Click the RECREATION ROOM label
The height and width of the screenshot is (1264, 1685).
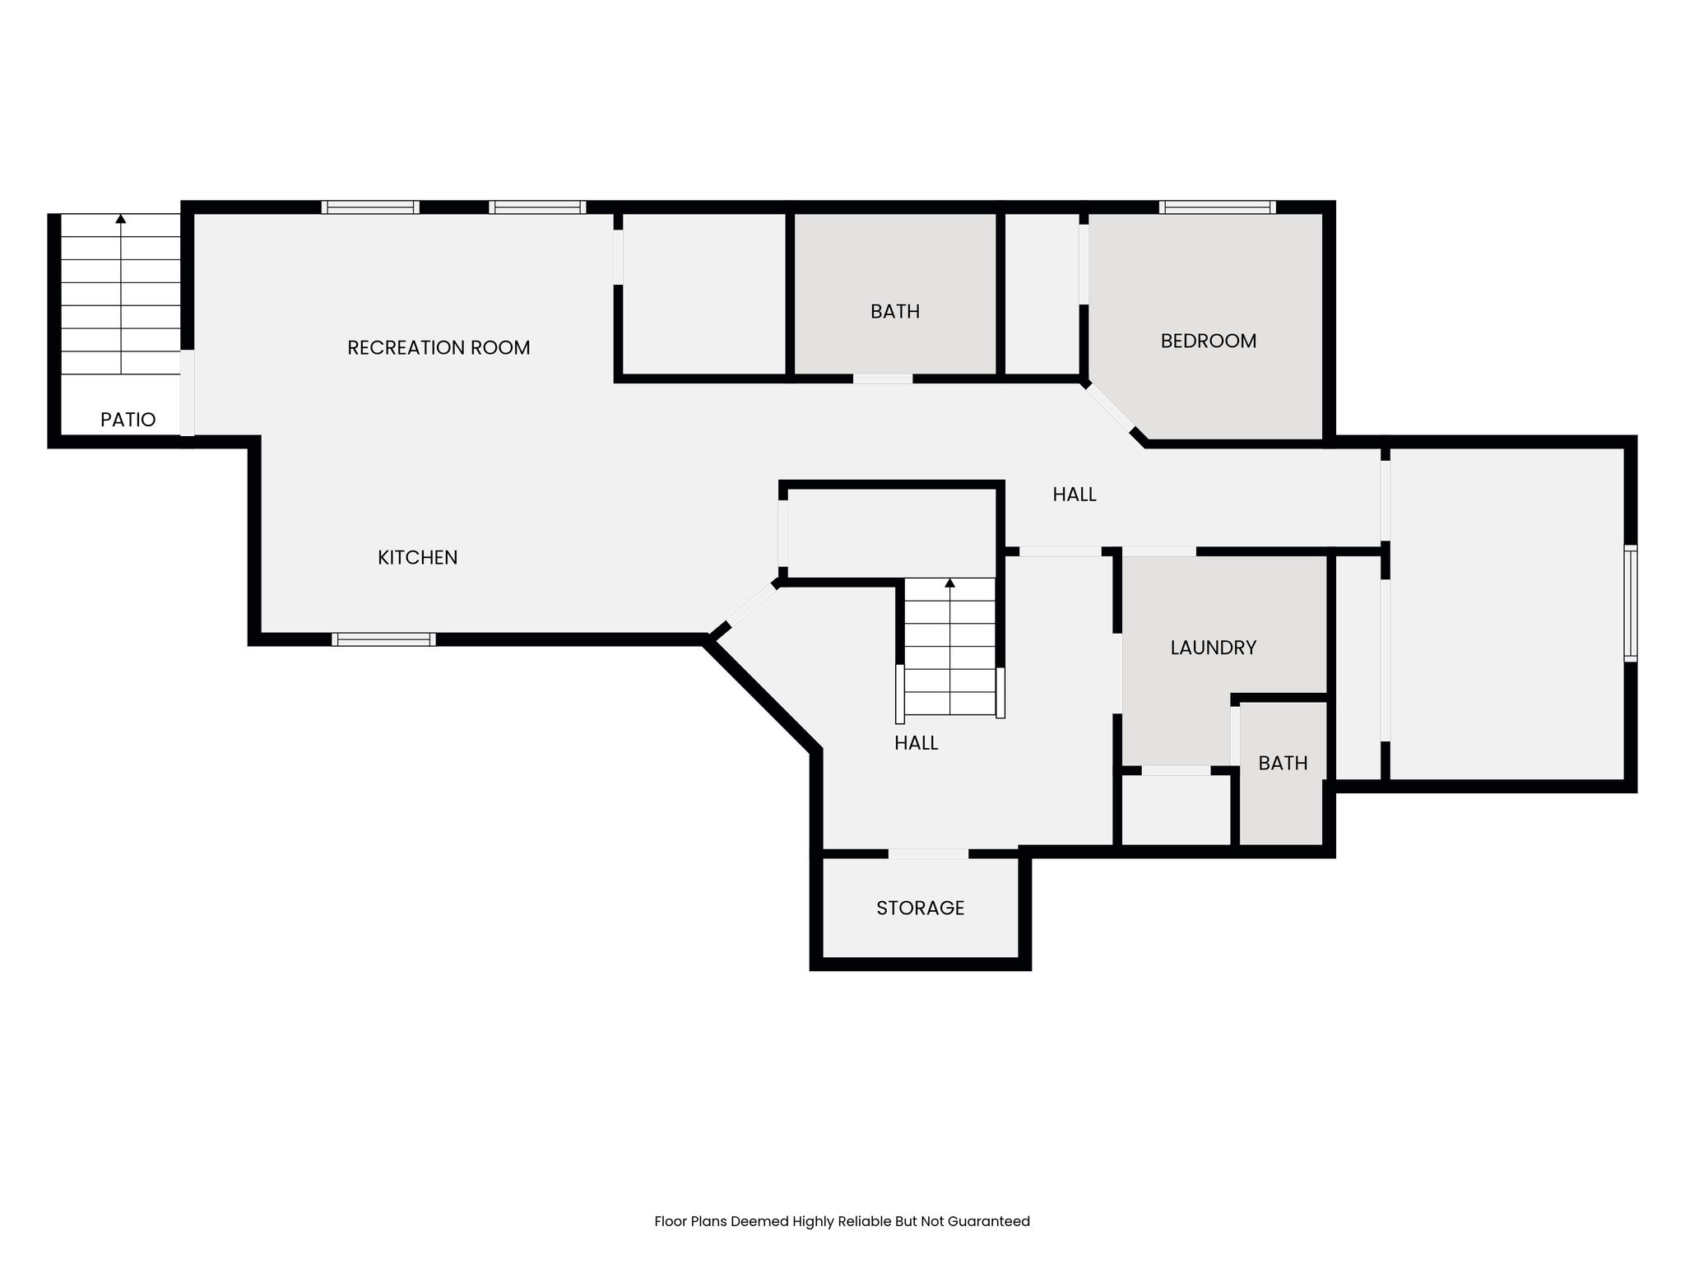pyautogui.click(x=439, y=348)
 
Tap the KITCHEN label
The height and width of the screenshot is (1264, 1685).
pyautogui.click(x=417, y=558)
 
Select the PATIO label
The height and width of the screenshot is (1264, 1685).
pyautogui.click(x=128, y=420)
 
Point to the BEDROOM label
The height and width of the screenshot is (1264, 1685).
pyautogui.click(x=1209, y=341)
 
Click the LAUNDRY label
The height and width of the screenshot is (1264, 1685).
pyautogui.click(x=1214, y=648)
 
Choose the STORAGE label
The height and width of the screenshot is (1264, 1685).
pyautogui.click(x=920, y=908)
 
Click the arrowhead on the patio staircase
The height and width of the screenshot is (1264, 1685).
pyautogui.click(x=121, y=219)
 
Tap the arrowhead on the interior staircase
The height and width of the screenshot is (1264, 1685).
pyautogui.click(x=950, y=583)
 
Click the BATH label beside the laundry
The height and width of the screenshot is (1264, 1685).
pyautogui.click(x=1283, y=763)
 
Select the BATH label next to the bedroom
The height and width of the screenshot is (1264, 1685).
pyautogui.click(x=895, y=311)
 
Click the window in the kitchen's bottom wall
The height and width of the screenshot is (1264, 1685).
pyautogui.click(x=383, y=639)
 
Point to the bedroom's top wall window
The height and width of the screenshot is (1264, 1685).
pyautogui.click(x=1218, y=207)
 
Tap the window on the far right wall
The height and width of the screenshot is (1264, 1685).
pyautogui.click(x=1630, y=603)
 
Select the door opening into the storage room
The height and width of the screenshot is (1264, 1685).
pyautogui.click(x=928, y=854)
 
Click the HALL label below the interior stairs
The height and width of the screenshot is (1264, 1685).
pyautogui.click(x=916, y=743)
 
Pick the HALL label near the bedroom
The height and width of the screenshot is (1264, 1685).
pyautogui.click(x=1075, y=495)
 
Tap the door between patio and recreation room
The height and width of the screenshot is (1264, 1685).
pyautogui.click(x=188, y=393)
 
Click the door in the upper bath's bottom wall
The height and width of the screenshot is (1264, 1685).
pyautogui.click(x=883, y=379)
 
